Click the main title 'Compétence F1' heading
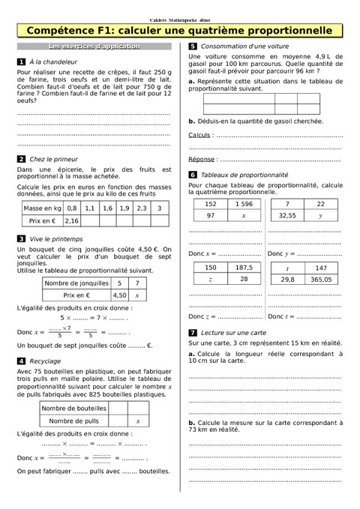[x=179, y=31]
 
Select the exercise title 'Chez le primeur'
[x=53, y=159]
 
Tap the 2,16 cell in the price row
[x=72, y=221]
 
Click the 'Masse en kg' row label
[x=42, y=208]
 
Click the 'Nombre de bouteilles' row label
[x=73, y=409]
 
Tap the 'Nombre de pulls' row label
[x=73, y=421]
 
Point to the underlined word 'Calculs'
[x=199, y=136]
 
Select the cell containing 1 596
[x=244, y=204]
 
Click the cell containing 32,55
[x=287, y=216]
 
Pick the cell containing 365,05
[x=321, y=279]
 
